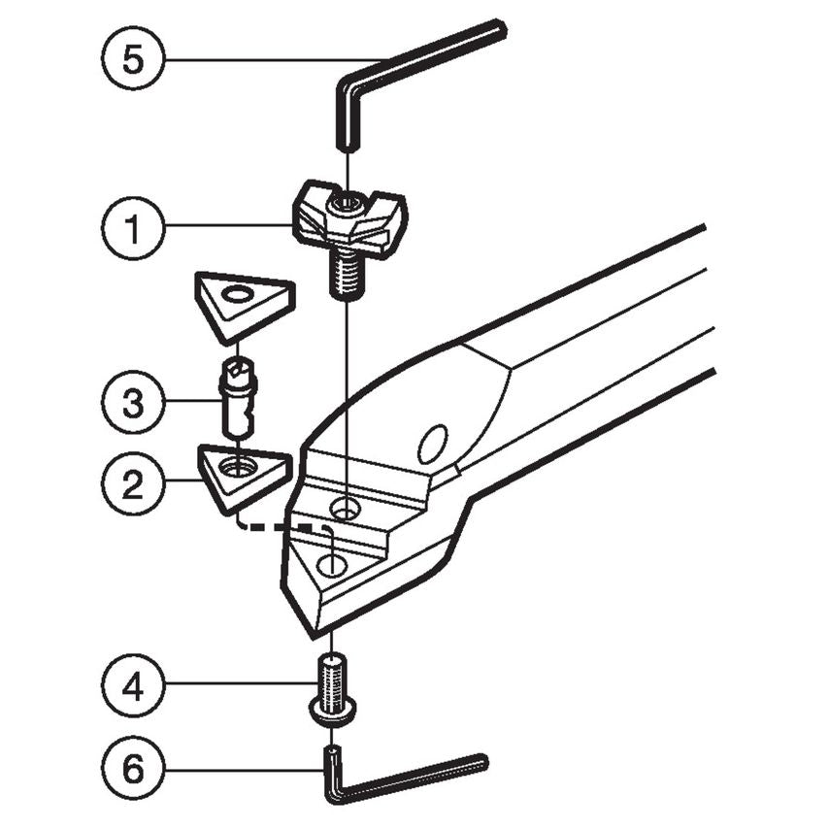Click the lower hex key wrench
pyautogui.click(x=408, y=776)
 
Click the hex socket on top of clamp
pyautogui.click(x=347, y=203)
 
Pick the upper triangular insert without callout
pyautogui.click(x=242, y=302)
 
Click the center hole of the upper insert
pyautogui.click(x=236, y=294)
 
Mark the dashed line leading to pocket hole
pyautogui.click(x=282, y=528)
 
